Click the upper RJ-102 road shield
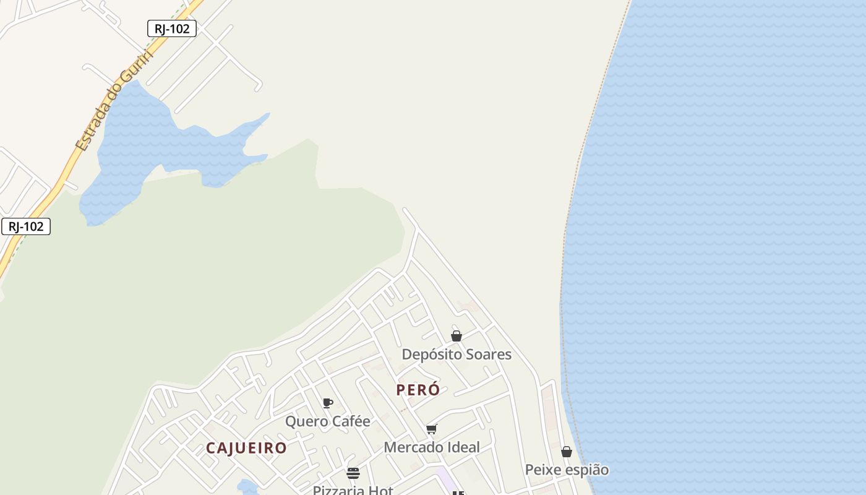172,28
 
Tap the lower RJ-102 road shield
26,226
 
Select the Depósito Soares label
457,355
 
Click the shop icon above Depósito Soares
457,336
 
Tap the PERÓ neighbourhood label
418,390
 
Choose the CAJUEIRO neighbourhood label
246,448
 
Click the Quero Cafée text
327,421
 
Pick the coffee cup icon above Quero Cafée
328,403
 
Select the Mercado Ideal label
432,447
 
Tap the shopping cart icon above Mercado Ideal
432,429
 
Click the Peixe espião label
567,470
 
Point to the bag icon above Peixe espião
567,452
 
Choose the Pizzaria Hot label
353,490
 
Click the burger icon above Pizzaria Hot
353,473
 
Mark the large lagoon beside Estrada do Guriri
142,148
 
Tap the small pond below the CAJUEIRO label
248,488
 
